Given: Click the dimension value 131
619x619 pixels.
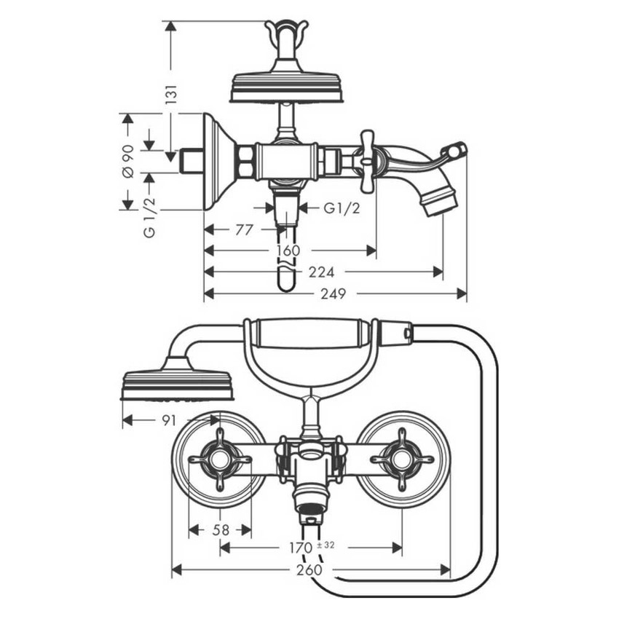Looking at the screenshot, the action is point(172,94).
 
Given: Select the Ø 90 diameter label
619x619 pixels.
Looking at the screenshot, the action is point(129,161).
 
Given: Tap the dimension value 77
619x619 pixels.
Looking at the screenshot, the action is point(243,229).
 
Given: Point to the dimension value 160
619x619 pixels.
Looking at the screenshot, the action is point(288,251).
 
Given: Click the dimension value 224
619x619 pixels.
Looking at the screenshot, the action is point(321,272).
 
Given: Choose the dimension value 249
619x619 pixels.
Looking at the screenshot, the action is point(334,293).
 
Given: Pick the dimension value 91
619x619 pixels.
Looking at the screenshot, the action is point(168,421).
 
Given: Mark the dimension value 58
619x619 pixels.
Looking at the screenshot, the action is point(221,529).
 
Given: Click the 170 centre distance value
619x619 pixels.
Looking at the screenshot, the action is point(301,548).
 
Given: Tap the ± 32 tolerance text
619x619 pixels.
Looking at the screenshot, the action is point(326,545).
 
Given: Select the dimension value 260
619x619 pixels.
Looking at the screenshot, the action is point(309,569).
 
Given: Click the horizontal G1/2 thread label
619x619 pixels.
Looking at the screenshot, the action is point(342,208).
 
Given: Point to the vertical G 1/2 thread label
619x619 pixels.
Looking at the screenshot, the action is point(149,217).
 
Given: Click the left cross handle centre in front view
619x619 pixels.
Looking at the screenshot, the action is point(220,460).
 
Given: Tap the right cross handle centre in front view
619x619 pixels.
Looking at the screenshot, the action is point(402,460).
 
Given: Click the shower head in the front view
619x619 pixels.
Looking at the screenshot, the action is point(176,379).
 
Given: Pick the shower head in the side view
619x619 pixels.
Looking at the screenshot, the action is point(288,87).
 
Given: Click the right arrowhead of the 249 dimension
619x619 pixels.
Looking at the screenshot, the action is point(461,293).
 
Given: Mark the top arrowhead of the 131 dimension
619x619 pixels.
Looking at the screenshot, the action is point(170,26).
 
